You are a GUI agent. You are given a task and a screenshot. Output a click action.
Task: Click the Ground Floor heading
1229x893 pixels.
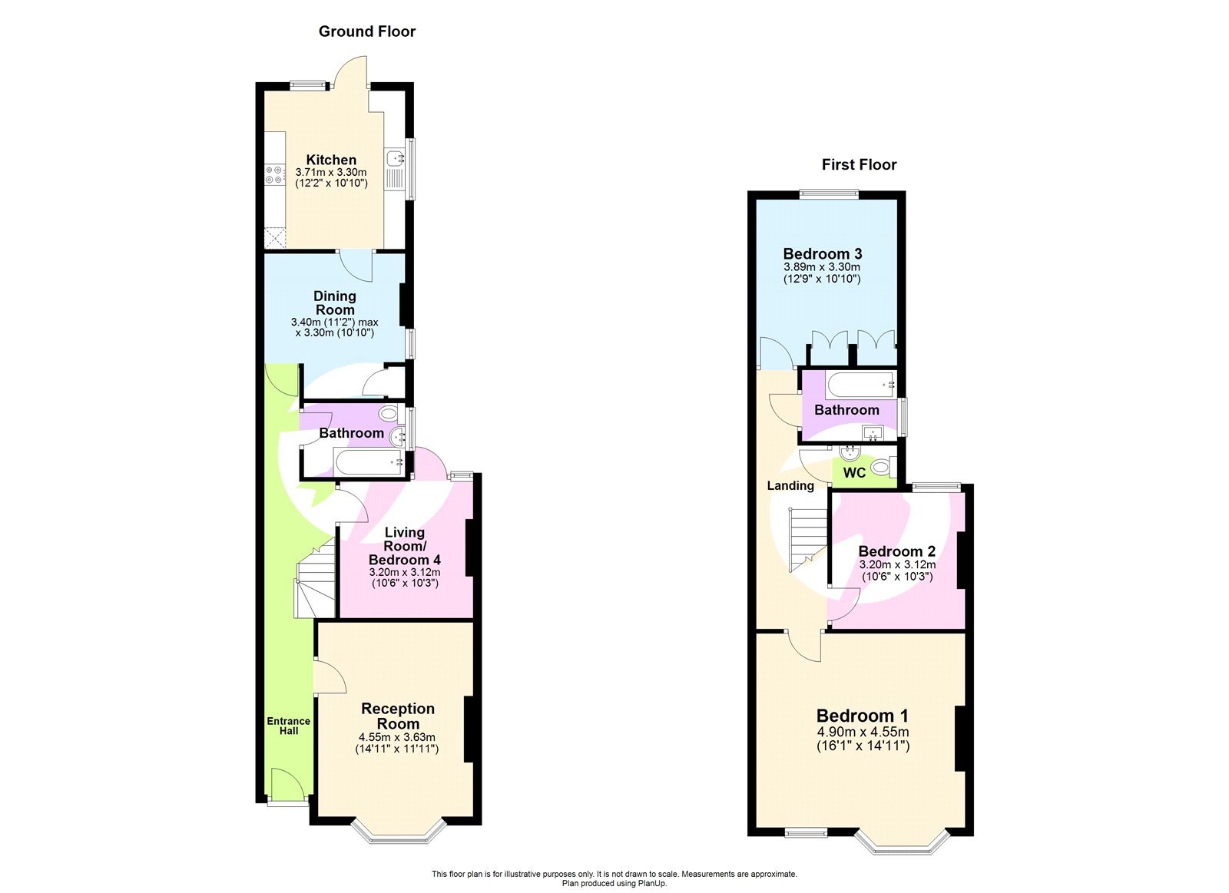point(366,31)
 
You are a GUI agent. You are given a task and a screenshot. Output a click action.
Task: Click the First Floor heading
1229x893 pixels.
point(859,164)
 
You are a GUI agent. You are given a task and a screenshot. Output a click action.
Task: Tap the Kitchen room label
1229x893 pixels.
point(331,160)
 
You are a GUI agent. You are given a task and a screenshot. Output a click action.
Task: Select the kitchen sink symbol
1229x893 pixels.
point(396,159)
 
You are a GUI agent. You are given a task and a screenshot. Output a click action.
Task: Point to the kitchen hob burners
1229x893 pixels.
point(274,174)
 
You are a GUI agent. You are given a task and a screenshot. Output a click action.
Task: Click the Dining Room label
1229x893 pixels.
point(334,303)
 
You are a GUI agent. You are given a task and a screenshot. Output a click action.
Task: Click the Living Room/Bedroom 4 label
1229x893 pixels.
point(404,546)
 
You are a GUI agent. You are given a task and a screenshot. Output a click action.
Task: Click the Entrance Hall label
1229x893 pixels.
point(288,726)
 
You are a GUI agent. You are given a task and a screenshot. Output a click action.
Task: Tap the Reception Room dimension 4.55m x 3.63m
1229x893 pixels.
point(396,737)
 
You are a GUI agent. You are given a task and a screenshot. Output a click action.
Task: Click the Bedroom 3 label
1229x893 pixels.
point(822,253)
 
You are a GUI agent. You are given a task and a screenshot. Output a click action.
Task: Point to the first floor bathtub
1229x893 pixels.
point(860,384)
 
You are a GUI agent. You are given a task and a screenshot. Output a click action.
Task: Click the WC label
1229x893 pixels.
point(854,473)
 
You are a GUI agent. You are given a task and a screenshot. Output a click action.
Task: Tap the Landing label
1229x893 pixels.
point(790,485)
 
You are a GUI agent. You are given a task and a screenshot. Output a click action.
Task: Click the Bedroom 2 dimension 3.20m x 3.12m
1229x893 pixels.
point(896,564)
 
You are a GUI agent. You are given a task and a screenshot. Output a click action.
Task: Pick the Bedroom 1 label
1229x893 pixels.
point(862,716)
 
